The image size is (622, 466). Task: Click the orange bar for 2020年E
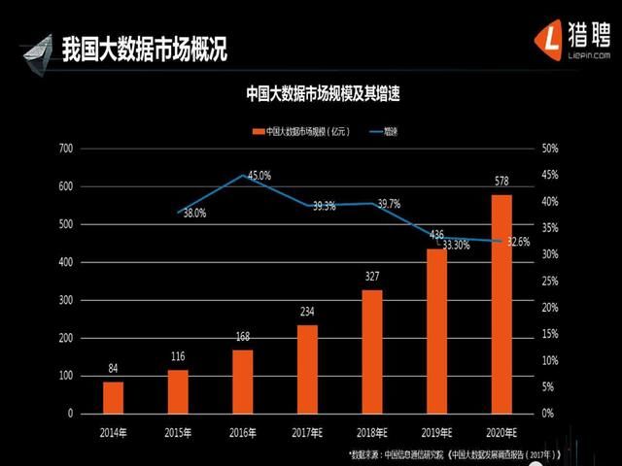pyautogui.click(x=501, y=304)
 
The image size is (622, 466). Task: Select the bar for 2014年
pyautogui.click(x=114, y=397)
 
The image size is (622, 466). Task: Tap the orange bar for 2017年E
pyautogui.click(x=307, y=369)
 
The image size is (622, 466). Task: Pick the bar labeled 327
pyautogui.click(x=372, y=351)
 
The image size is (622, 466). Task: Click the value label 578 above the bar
pyautogui.click(x=501, y=182)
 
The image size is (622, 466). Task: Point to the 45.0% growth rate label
pyautogui.click(x=259, y=176)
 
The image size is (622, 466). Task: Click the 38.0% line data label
pyautogui.click(x=194, y=214)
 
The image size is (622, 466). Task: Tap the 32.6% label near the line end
pyautogui.click(x=518, y=242)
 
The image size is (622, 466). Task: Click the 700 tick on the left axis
pyautogui.click(x=65, y=149)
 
